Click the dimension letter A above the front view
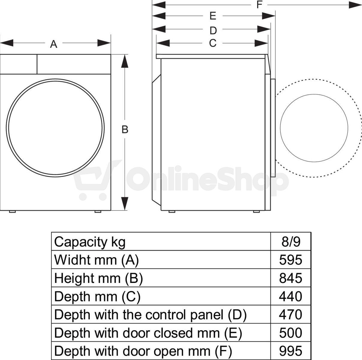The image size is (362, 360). pos(54,44)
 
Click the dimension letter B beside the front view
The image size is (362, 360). pos(125,130)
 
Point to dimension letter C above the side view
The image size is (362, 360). pos(213,43)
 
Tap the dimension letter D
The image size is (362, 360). pos(213,31)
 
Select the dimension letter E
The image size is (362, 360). pos(213,16)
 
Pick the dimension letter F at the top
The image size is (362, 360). pos(259,4)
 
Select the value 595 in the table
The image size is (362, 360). pos(291,260)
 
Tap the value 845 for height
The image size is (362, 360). pos(291,278)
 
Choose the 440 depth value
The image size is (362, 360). pos(291,296)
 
